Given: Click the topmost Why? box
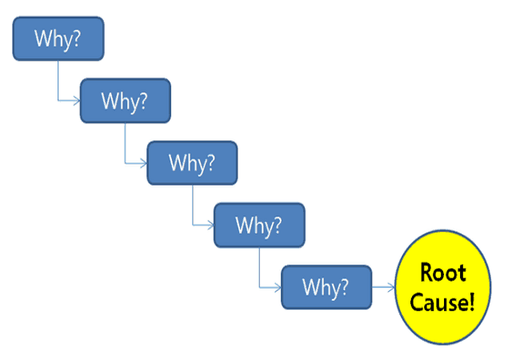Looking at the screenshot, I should (x=58, y=38).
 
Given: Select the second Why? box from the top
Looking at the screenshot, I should (x=125, y=100).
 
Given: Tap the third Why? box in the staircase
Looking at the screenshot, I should (x=192, y=162).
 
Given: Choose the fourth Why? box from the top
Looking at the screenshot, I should (x=259, y=225).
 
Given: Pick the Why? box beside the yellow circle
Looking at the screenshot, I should (x=326, y=286).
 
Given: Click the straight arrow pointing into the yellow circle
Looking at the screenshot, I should (x=384, y=286).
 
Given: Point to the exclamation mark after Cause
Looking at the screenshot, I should (x=472, y=302).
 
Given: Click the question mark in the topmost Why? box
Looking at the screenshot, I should (x=77, y=38).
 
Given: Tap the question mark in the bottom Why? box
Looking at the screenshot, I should (x=345, y=286).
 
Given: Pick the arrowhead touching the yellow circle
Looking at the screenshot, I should (x=391, y=286).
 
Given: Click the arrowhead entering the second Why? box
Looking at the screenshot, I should (x=76, y=100).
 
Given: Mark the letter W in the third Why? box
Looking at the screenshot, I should (x=176, y=162).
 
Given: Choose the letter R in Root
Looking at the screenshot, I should (x=426, y=274).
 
